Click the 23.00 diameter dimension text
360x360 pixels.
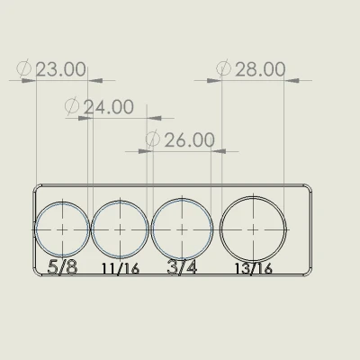61,69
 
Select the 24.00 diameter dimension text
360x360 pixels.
108,107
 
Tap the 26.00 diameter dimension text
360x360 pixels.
189,140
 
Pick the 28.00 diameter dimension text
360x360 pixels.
260,69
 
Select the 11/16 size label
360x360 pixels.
120,268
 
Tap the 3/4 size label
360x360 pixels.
182,267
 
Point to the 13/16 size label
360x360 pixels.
253,268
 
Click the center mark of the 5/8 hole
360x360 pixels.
62,229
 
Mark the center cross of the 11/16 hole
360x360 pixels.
120,229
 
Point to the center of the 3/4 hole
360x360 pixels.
183,229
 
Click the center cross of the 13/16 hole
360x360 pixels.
254,229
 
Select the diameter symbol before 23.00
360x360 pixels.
25,69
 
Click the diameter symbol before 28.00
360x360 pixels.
225,69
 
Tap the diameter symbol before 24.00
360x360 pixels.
73,107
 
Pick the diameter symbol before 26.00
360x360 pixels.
152,140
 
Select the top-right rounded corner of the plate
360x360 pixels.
313,187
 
